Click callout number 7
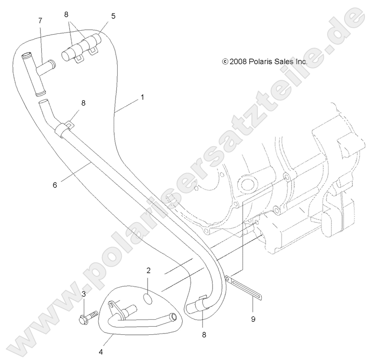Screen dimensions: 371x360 click(x=40, y=21)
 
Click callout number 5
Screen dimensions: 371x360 click(x=113, y=16)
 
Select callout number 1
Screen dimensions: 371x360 click(x=142, y=97)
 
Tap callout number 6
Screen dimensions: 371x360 click(x=55, y=185)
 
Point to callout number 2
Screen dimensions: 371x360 click(x=148, y=270)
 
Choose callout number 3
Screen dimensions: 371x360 click(x=84, y=294)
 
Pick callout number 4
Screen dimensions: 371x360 click(x=101, y=352)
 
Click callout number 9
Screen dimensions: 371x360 click(x=253, y=319)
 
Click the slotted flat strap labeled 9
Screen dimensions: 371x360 click(x=243, y=288)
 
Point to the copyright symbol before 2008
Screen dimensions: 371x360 click(x=225, y=62)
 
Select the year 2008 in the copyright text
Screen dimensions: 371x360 click(x=238, y=62)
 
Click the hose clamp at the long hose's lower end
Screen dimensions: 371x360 click(x=201, y=304)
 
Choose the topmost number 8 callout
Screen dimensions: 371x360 click(x=66, y=15)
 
